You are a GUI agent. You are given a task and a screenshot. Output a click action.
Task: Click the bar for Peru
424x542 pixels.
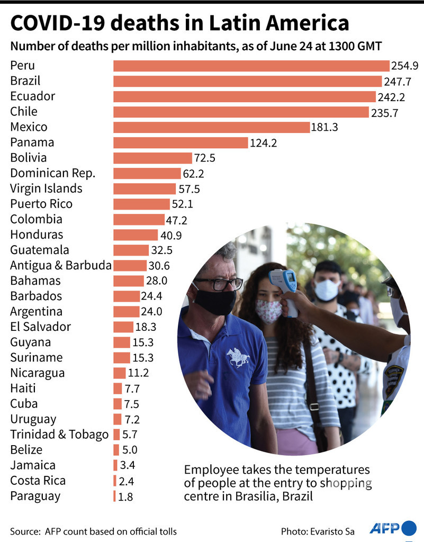pos(251,66)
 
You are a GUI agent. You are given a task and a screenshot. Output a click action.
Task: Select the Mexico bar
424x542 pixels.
pos(211,127)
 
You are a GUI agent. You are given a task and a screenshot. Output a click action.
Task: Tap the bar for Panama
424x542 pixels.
pos(181,142)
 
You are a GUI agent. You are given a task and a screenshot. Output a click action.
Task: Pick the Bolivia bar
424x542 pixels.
pos(152,158)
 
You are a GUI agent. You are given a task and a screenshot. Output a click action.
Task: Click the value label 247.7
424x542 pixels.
pos(397,81)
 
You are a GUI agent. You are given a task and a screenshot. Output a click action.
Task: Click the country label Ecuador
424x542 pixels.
pos(32,96)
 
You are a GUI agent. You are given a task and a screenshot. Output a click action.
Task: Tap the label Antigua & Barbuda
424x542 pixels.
pos(60,265)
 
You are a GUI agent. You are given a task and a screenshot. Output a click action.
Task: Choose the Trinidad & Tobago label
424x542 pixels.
pos(59,435)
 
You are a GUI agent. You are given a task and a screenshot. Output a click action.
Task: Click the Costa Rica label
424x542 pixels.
pos(38,481)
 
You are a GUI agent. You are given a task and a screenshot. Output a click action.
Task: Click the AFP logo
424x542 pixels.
pos(392,528)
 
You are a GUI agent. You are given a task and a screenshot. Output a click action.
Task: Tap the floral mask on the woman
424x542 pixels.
pos(268,311)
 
